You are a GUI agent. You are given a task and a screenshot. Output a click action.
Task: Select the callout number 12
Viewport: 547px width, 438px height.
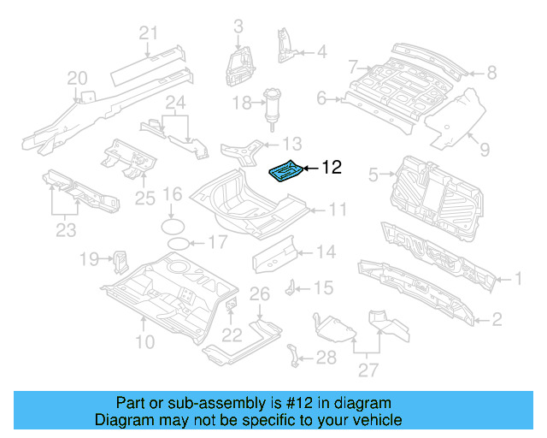tap(332, 168)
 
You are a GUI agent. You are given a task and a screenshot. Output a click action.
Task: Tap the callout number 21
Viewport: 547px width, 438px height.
tap(150, 33)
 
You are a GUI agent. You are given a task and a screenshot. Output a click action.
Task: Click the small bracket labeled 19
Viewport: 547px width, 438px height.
tap(121, 257)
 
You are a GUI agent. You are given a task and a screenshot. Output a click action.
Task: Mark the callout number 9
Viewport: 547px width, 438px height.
tap(485, 150)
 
